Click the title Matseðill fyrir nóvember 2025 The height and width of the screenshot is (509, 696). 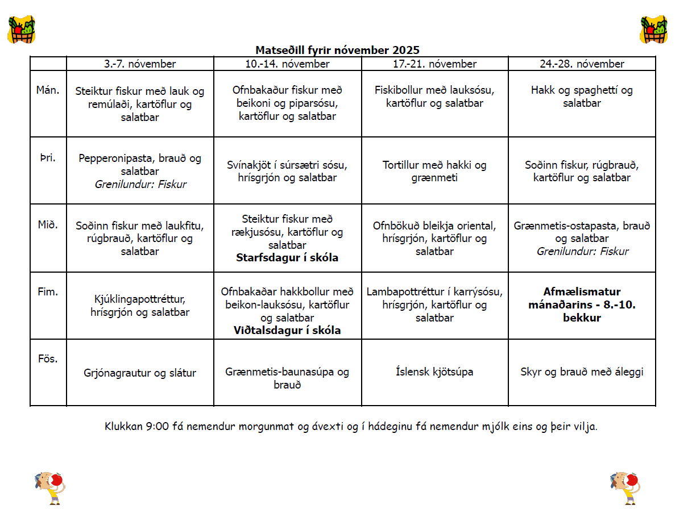pyautogui.click(x=337, y=51)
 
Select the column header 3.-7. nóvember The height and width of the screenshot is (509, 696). pyautogui.click(x=140, y=64)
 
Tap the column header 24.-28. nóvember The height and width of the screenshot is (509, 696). pyautogui.click(x=582, y=64)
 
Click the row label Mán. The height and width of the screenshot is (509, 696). pyautogui.click(x=48, y=89)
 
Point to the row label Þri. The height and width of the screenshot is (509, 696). pyautogui.click(x=48, y=157)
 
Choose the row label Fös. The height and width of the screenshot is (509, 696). pyautogui.click(x=48, y=359)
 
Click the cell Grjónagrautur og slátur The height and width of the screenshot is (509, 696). pyautogui.click(x=140, y=373)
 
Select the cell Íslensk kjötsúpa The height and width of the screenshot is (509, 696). pyautogui.click(x=434, y=372)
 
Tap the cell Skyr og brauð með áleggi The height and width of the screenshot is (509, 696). pyautogui.click(x=582, y=372)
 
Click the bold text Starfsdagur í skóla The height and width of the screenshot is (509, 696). pyautogui.click(x=287, y=258)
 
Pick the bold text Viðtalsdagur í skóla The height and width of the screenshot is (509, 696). pyautogui.click(x=287, y=330)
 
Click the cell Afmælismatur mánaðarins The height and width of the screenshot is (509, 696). pyautogui.click(x=582, y=305)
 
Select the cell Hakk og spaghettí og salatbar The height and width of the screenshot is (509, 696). pyautogui.click(x=582, y=97)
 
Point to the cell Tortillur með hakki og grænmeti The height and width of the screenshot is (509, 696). pyautogui.click(x=434, y=172)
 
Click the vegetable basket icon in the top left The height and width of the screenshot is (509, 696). pyautogui.click(x=21, y=30)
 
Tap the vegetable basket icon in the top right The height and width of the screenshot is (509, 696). pyautogui.click(x=653, y=30)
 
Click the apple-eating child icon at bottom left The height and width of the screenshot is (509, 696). pyautogui.click(x=49, y=487)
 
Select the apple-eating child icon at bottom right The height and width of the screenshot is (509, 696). pyautogui.click(x=624, y=487)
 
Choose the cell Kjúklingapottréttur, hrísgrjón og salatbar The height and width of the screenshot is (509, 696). pyautogui.click(x=140, y=305)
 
